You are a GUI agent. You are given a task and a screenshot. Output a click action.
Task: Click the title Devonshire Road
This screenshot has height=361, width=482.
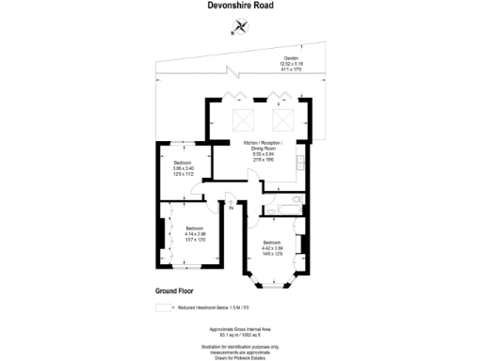(x=240, y=6)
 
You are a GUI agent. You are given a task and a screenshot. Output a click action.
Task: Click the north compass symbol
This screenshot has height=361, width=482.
(x=234, y=27)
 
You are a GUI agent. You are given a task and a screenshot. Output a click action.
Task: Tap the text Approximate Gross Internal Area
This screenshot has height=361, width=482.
(x=240, y=328)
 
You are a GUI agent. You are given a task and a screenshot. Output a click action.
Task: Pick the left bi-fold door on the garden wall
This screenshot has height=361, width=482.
(x=237, y=96)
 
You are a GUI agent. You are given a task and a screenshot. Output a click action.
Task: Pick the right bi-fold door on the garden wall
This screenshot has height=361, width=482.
(x=281, y=96)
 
